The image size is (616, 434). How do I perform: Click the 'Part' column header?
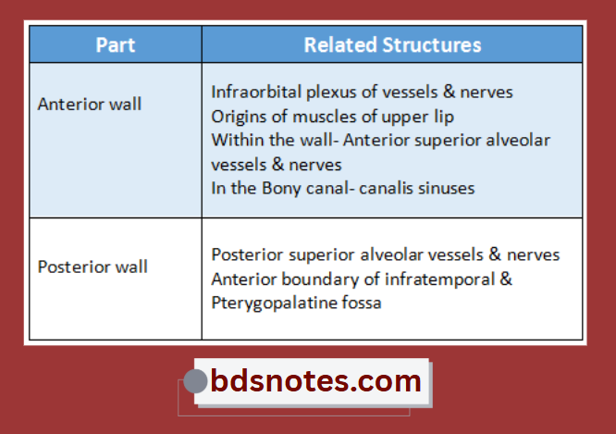(x=116, y=44)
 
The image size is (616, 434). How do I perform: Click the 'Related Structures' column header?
(x=392, y=44)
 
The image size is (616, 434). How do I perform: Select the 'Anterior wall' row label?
(x=90, y=104)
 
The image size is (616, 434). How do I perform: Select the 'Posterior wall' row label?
(x=92, y=267)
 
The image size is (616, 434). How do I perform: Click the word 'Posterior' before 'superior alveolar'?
(x=245, y=254)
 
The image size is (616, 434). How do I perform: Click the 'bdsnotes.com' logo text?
(x=315, y=380)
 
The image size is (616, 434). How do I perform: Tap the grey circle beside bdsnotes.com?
(x=195, y=381)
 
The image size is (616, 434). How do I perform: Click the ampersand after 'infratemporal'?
(x=506, y=279)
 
